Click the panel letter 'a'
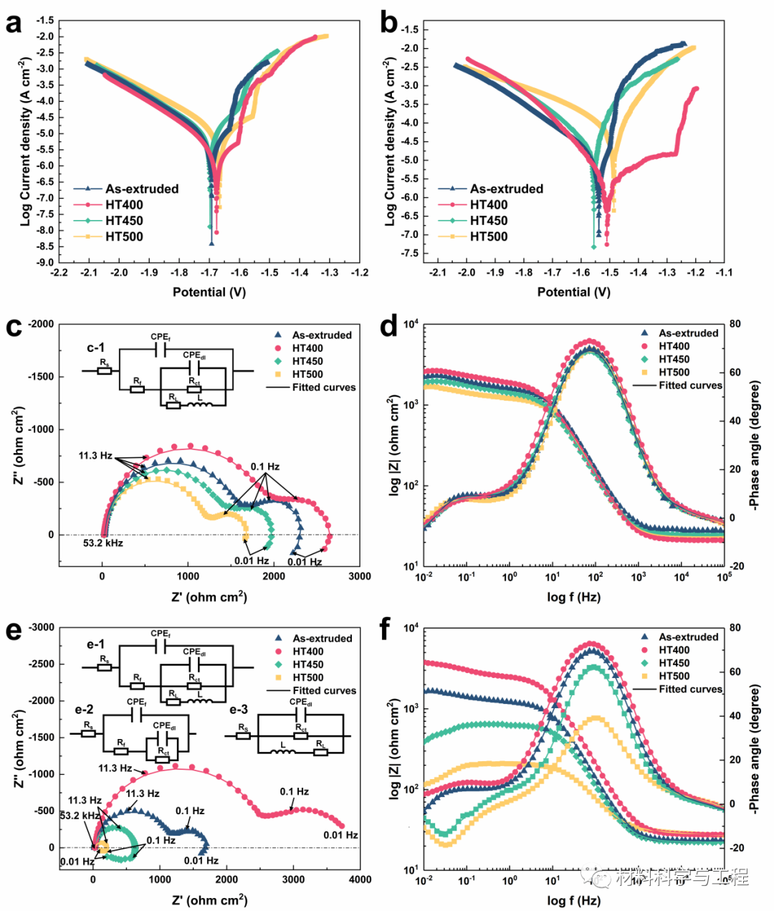pos(13,23)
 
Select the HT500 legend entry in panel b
pos(488,237)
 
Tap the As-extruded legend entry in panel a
pos(141,189)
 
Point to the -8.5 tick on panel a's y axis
pos(44,247)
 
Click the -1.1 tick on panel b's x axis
pos(724,273)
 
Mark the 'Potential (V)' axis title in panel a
pos(209,292)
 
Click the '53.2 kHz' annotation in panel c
pos(103,543)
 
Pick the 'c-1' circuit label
pos(96,348)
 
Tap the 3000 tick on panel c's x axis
pos(360,576)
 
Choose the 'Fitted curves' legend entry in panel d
pos(690,386)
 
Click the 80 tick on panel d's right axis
pos(735,324)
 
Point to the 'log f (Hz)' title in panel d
pos(574,597)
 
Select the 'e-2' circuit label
pos(85,710)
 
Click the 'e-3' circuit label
pos(239,710)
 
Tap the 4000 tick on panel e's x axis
pos(360,879)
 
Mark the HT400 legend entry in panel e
pos(307,652)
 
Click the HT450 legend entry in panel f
pos(674,663)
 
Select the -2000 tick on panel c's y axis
pos(41,324)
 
